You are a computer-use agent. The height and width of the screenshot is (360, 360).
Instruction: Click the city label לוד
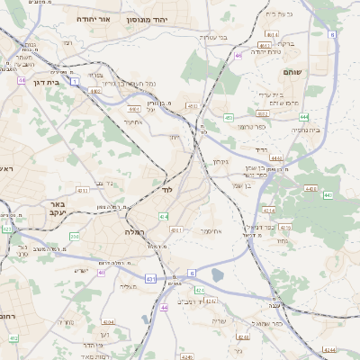point(166,191)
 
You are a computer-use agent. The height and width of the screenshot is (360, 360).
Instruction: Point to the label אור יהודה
point(92,18)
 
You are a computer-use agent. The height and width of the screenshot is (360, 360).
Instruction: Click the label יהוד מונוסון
point(149,18)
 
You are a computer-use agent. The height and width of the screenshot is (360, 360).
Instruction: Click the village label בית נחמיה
point(304,130)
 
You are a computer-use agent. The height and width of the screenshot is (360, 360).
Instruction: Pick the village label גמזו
point(282,240)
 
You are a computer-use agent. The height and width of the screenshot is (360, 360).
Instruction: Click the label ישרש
point(80,271)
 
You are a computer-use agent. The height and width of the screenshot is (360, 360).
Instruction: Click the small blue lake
point(217,276)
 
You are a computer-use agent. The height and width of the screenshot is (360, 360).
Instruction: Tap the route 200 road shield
point(75,236)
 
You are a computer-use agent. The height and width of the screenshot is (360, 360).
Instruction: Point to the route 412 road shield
point(13,338)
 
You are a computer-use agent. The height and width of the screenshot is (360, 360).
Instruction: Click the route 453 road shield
point(229,117)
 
